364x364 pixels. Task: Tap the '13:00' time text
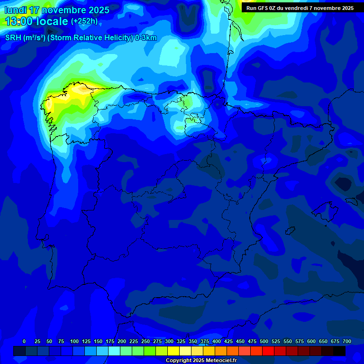click(x=19, y=21)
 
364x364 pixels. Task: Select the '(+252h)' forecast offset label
click(x=84, y=21)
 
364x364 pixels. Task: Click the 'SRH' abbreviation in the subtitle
click(x=12, y=38)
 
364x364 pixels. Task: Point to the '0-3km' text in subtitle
click(x=146, y=38)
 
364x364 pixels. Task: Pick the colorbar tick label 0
click(x=24, y=341)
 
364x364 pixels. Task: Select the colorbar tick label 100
click(x=74, y=341)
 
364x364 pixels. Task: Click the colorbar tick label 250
click(x=146, y=341)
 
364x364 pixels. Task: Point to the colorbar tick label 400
click(x=217, y=341)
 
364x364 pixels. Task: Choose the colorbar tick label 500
click(x=264, y=341)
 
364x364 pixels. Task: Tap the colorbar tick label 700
click(x=346, y=341)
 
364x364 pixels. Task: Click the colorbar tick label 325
click(x=181, y=341)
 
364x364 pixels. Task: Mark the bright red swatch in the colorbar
click(x=268, y=351)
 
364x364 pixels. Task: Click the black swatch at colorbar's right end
click(x=339, y=351)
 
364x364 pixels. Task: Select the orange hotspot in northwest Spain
click(x=82, y=88)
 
